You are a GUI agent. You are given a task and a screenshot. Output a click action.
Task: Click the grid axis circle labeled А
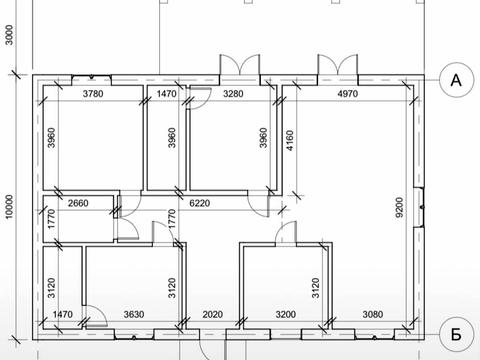[456, 80]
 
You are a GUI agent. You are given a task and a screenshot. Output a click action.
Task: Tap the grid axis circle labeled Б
[456, 334]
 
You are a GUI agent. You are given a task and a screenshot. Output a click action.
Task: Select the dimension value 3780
[93, 94]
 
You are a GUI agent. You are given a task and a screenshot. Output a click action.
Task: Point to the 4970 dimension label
[348, 94]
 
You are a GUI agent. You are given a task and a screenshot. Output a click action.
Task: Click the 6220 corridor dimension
[200, 203]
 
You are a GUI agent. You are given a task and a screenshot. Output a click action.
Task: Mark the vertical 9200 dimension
[399, 207]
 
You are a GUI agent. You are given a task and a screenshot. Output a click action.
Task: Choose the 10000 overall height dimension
[9, 207]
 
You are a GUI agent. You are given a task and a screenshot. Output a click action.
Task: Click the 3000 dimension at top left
[9, 35]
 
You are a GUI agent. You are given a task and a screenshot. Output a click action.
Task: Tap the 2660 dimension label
[78, 203]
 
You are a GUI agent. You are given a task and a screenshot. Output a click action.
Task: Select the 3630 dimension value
[134, 314]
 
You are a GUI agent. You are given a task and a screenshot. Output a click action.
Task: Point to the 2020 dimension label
[213, 314]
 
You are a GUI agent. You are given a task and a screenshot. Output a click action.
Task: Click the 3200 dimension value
[286, 314]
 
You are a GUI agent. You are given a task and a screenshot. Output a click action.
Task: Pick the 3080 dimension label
[372, 314]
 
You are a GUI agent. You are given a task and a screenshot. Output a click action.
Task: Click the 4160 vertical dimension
[290, 140]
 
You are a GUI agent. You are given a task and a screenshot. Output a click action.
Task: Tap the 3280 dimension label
[233, 94]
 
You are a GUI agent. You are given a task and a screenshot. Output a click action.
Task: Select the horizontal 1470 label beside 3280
[166, 94]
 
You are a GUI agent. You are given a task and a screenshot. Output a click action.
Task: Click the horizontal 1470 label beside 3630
[63, 314]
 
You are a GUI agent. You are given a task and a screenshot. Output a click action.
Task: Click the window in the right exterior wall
[419, 208]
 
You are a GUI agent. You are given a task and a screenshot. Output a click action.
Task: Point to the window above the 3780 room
[92, 78]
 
